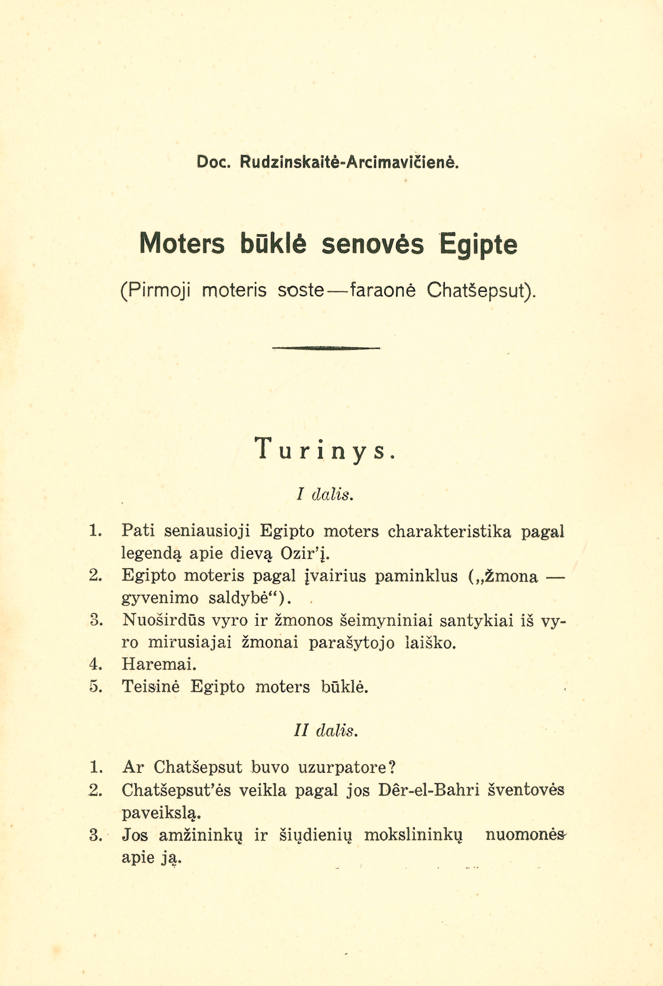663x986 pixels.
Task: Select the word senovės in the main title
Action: (372, 245)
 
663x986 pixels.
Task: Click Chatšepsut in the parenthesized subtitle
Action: (478, 291)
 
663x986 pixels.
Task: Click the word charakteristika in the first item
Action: (449, 531)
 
